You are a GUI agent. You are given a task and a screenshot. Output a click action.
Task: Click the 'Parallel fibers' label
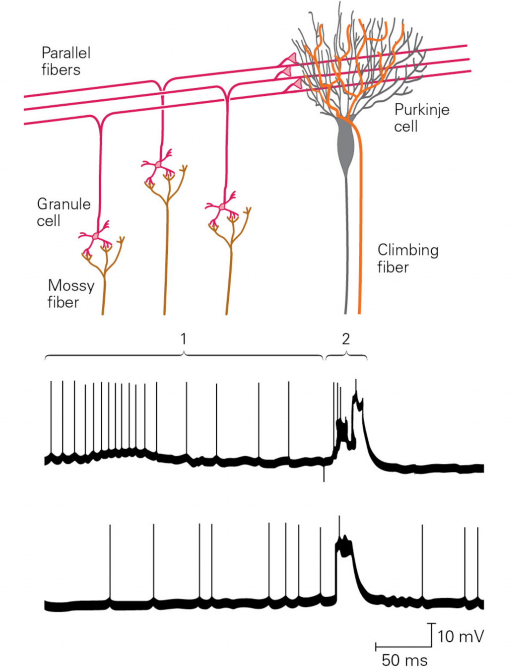click(66, 61)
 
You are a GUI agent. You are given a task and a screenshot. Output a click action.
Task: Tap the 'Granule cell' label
click(64, 212)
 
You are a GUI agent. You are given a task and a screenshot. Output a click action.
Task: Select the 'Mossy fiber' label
click(71, 293)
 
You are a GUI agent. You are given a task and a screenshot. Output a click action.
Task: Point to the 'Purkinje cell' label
click(421, 118)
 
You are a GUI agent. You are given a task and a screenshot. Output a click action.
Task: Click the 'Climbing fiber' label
click(407, 258)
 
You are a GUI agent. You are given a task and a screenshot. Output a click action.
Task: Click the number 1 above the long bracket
click(183, 339)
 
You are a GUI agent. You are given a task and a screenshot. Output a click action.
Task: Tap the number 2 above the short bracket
click(346, 339)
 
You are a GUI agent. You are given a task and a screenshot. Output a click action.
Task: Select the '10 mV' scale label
click(461, 636)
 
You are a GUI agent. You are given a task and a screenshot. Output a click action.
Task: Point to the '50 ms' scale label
click(404, 660)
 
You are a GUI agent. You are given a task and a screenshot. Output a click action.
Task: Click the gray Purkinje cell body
click(346, 144)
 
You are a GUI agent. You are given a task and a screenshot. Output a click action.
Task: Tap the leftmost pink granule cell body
click(96, 236)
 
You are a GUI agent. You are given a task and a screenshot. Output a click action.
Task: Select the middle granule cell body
click(158, 164)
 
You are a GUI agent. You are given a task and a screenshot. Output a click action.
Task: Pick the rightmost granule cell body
click(222, 206)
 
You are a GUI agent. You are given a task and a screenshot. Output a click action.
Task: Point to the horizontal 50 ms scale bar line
click(403, 647)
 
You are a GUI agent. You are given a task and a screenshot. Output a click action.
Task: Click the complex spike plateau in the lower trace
click(345, 546)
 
